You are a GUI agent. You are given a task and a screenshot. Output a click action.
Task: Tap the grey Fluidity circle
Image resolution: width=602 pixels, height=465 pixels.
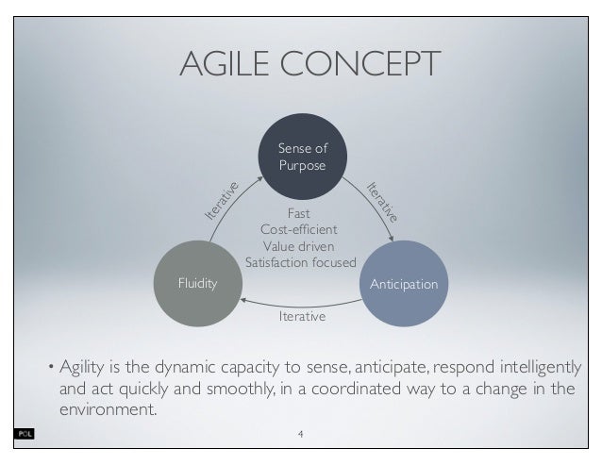coord(198,282)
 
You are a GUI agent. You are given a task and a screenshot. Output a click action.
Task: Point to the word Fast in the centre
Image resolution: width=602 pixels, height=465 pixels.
coord(299,213)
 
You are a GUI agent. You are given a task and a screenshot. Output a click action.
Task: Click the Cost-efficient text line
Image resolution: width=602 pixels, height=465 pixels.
coord(300,229)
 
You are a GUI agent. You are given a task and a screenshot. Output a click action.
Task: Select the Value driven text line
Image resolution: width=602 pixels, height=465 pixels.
coord(300,245)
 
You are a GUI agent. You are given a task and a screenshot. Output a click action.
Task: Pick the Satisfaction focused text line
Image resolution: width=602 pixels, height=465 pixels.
coord(300,262)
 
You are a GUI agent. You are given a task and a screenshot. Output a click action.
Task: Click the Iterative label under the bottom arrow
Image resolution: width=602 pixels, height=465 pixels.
coord(301,317)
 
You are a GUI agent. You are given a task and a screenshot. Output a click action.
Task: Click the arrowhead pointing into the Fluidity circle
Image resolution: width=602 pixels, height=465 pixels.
coord(247,300)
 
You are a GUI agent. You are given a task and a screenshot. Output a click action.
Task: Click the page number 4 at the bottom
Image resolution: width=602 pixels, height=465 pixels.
coord(300,435)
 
